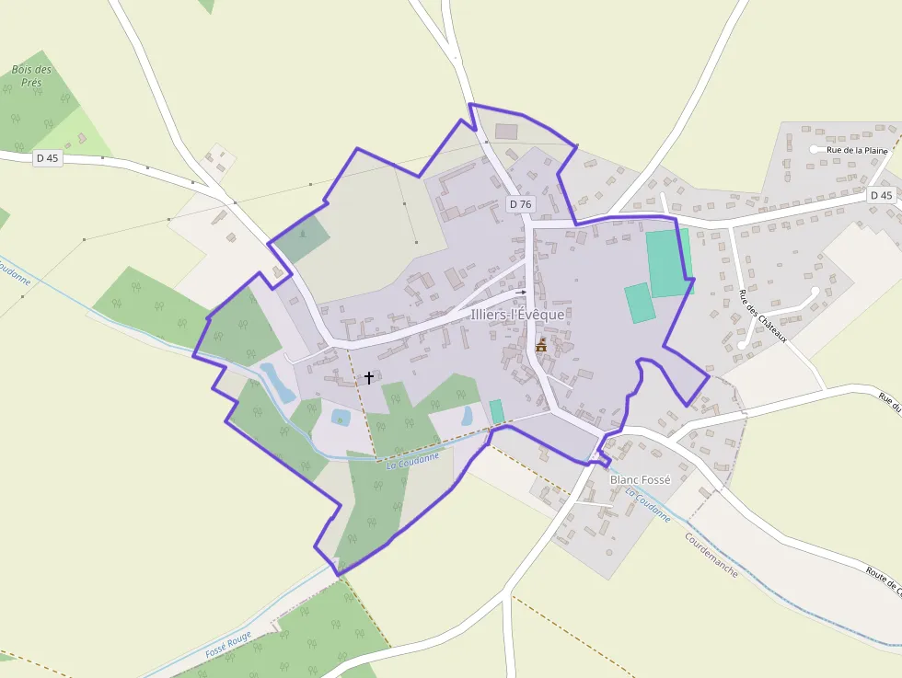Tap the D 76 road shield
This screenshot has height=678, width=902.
coord(520,204)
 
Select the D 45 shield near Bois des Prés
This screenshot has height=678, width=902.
coord(48,158)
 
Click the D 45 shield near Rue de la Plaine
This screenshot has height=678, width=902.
coord(881,195)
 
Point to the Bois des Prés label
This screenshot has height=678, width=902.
coord(32,75)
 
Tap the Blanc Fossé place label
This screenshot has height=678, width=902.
coord(641,479)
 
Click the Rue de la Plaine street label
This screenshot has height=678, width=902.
coord(857,150)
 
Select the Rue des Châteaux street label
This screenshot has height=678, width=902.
coord(763,316)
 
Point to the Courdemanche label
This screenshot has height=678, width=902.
coord(711,554)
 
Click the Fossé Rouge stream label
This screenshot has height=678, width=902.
coord(228,642)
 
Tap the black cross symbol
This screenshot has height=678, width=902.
coord(369,377)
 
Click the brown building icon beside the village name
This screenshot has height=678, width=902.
coord(541,345)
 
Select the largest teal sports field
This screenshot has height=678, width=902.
coord(669,263)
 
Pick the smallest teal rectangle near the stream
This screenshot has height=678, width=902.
coord(497,411)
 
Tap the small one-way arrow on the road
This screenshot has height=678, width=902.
coord(520,267)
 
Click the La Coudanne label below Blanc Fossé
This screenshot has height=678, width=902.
coord(648,505)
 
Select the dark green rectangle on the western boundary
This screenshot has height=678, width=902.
coord(303,239)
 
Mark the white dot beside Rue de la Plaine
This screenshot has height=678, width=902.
coord(815,149)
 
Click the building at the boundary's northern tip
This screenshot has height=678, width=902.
coord(506,132)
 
